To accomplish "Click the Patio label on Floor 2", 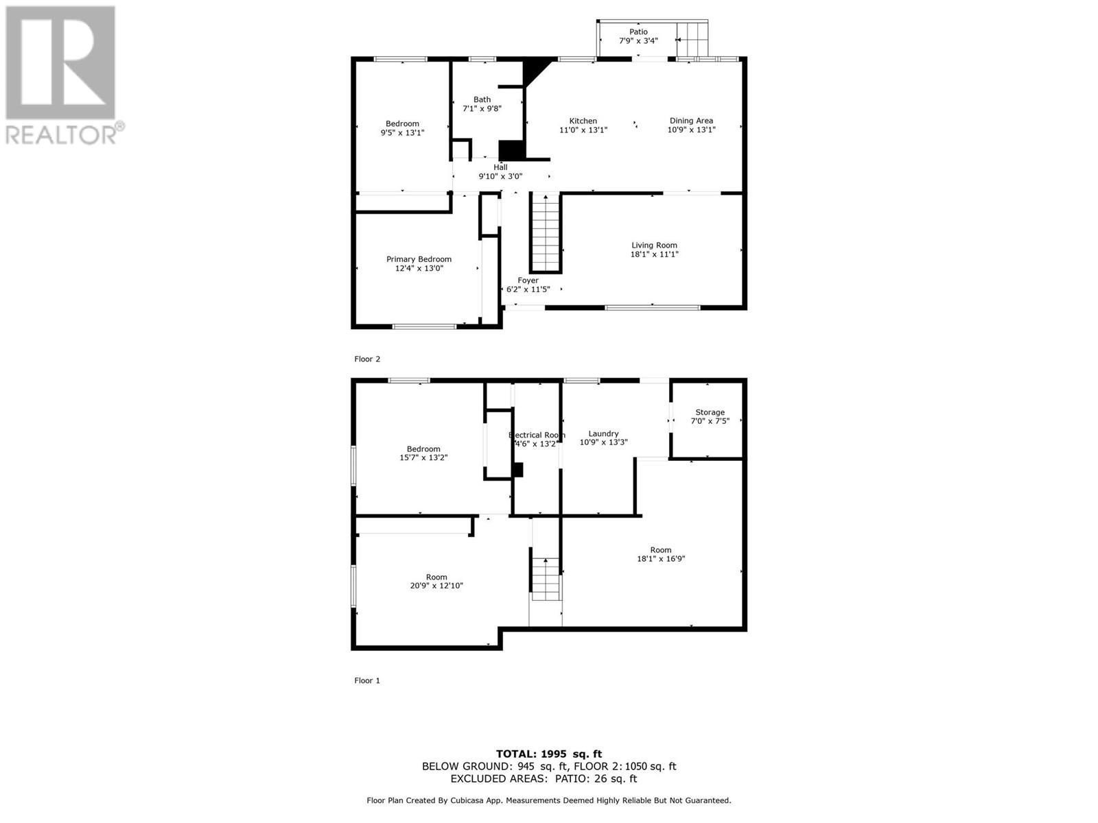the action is pyautogui.click(x=638, y=32).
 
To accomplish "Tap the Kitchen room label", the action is pyautogui.click(x=583, y=121).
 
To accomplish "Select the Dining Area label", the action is pyautogui.click(x=691, y=121).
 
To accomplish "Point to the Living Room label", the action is pyautogui.click(x=654, y=246).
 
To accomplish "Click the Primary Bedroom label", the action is pyautogui.click(x=419, y=259).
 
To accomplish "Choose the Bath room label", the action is pyautogui.click(x=482, y=100).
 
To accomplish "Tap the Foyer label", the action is pyautogui.click(x=528, y=281).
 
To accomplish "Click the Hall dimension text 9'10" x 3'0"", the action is pyautogui.click(x=501, y=176).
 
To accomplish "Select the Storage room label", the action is pyautogui.click(x=710, y=412).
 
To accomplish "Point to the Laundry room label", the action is pyautogui.click(x=603, y=433).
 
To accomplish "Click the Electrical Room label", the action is pyautogui.click(x=537, y=436).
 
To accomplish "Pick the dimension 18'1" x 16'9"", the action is pyautogui.click(x=661, y=559).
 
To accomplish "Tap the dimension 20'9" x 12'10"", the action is pyautogui.click(x=436, y=586).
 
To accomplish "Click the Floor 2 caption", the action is pyautogui.click(x=367, y=359).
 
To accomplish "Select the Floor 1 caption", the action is pyautogui.click(x=367, y=680).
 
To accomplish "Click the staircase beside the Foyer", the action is pyautogui.click(x=546, y=233).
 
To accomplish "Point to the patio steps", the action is pyautogui.click(x=692, y=40).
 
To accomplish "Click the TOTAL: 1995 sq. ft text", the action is pyautogui.click(x=549, y=754).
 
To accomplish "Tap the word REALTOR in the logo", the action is pyautogui.click(x=61, y=135).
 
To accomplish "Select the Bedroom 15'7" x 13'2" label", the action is pyautogui.click(x=423, y=453).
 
